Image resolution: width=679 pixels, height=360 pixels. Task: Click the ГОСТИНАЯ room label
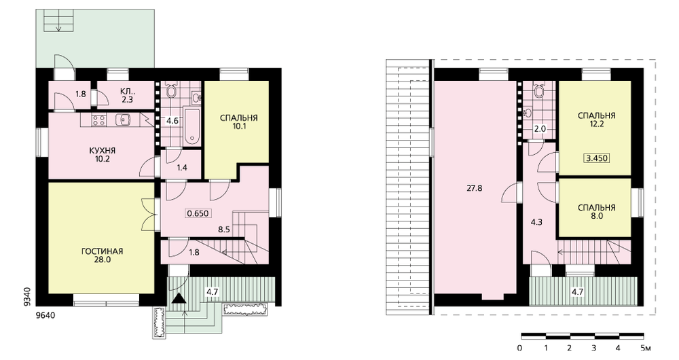click(103, 251)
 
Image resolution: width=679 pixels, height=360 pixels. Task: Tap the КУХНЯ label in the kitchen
click(103, 151)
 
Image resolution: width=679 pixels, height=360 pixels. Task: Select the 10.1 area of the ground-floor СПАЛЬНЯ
click(238, 127)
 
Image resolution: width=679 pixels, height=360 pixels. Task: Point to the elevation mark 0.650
click(198, 213)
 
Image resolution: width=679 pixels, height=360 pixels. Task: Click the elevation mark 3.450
click(597, 158)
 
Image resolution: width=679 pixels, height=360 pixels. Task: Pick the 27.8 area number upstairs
click(475, 188)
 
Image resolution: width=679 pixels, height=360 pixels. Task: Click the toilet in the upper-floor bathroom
click(539, 90)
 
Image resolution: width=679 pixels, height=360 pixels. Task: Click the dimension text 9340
click(28, 297)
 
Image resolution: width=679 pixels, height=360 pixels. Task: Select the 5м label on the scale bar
click(646, 348)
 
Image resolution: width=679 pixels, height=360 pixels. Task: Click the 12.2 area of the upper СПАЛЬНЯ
click(596, 124)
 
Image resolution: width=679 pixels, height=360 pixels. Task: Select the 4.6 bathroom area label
click(172, 121)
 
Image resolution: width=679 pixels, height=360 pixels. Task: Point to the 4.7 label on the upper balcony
click(577, 292)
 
